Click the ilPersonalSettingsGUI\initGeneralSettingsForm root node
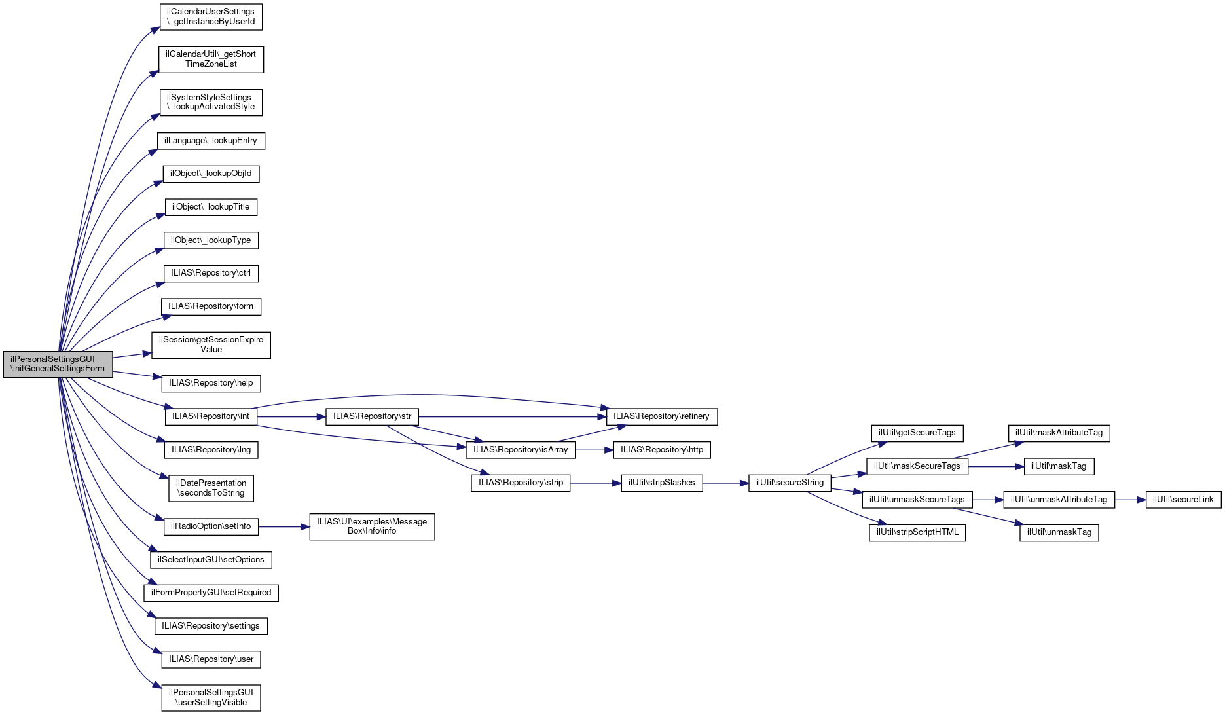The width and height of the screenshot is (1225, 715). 58,364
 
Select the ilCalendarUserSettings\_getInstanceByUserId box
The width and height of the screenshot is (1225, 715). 211,17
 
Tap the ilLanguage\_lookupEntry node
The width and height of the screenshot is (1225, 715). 211,141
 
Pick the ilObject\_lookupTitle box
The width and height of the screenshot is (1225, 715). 211,207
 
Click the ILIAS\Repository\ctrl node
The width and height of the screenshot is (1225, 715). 211,273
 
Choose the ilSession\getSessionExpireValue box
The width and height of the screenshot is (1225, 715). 211,344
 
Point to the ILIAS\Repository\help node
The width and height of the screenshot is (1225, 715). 211,383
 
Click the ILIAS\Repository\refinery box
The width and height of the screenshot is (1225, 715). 661,416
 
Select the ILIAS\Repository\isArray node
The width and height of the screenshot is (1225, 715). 521,450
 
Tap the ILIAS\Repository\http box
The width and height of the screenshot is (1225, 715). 661,450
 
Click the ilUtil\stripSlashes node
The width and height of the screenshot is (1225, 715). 661,483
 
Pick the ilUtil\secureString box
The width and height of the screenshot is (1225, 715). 790,483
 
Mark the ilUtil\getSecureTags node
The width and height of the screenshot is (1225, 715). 917,433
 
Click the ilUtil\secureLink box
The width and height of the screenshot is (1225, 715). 1183,500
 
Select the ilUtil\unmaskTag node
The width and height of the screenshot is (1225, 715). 1059,532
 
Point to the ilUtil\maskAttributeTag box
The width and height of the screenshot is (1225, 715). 1059,433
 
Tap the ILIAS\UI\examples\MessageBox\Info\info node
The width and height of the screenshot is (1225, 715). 372,526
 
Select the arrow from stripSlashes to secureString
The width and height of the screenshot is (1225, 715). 725,483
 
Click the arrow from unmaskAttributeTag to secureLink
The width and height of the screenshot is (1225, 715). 1130,500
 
